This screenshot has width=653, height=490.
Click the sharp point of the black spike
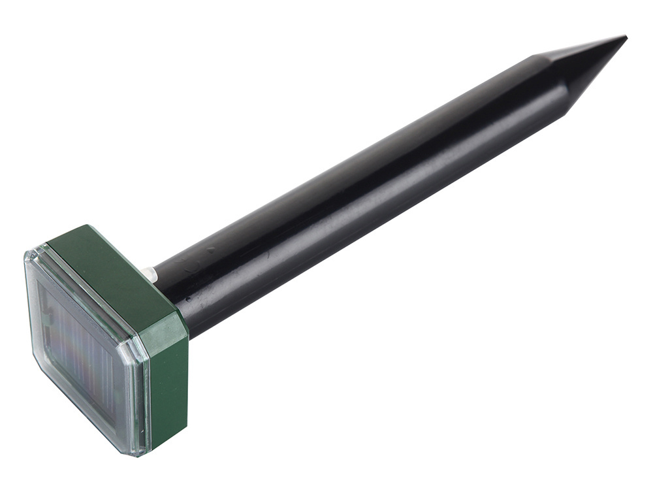click(x=625, y=37)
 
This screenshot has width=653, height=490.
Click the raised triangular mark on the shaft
click(x=210, y=249)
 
